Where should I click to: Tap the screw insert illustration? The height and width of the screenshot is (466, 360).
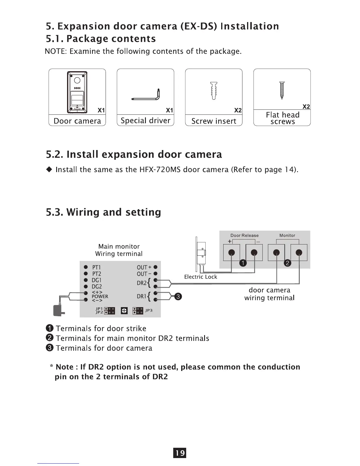[214, 91]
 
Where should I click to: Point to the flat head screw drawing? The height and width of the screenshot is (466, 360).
[282, 90]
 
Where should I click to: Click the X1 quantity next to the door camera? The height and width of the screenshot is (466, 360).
[101, 110]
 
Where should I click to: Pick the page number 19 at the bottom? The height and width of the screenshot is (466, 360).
[180, 453]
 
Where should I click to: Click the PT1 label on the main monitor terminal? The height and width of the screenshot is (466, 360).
[96, 267]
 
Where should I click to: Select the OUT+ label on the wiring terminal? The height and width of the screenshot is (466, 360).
[144, 267]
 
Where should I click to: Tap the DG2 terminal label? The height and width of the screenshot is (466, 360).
[97, 287]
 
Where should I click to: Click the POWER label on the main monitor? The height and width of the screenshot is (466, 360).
[100, 297]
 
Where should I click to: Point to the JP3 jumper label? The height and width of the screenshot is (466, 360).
[149, 310]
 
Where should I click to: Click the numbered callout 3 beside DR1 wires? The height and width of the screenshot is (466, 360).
[178, 297]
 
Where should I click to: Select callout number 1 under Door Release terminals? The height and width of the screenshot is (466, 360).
[243, 263]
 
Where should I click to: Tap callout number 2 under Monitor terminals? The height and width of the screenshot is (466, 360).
[288, 263]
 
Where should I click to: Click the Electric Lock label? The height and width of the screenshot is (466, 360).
[201, 277]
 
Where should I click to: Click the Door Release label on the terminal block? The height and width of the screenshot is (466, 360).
[244, 235]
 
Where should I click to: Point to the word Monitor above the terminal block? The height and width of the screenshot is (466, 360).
[287, 235]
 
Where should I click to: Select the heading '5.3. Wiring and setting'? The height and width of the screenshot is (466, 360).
[104, 212]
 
